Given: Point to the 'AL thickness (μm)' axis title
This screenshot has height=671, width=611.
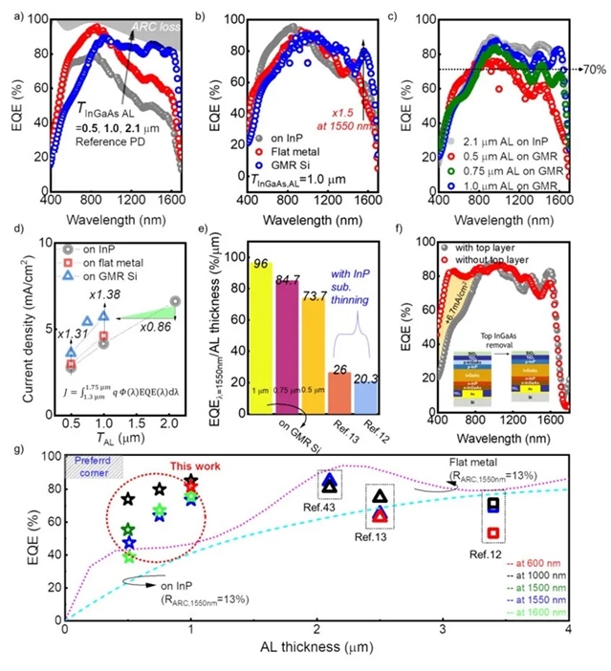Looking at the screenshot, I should (316, 646).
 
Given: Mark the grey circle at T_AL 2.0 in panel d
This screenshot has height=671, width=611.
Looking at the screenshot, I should (175, 302).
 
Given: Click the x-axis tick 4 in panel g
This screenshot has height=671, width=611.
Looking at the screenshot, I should (570, 626).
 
